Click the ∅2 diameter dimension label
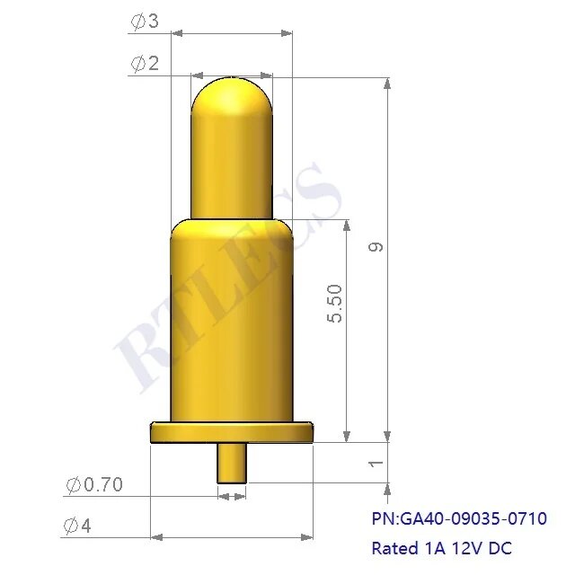tap(145, 63)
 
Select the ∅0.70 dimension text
tap(94, 486)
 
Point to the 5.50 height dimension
tap(334, 305)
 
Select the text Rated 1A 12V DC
tap(441, 547)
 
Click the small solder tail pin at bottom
tap(232, 463)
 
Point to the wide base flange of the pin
tap(232, 433)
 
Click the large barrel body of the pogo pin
tap(232, 323)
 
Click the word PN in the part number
tap(382, 518)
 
